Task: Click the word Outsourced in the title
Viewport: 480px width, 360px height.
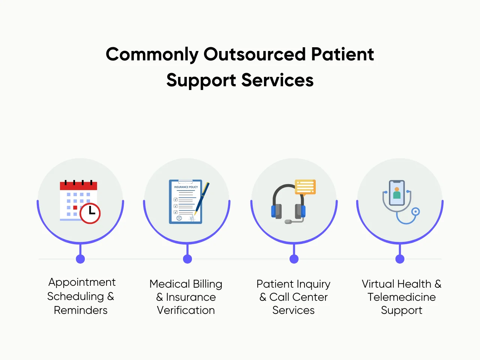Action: pos(255,54)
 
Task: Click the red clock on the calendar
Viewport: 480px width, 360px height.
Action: pos(90,213)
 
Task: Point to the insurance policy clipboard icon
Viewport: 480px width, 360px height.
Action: pos(185,202)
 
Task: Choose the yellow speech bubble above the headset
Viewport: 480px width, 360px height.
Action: pos(305,187)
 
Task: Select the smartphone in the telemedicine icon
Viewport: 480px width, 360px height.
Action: pos(397,193)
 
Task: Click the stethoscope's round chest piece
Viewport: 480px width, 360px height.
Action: pos(415,212)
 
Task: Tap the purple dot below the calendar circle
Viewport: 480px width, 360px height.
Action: pos(80,259)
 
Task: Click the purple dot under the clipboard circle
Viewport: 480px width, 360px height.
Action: pos(187,259)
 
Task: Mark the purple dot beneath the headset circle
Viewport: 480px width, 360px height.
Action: pos(294,259)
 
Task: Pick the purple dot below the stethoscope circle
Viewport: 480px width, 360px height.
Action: pos(400,259)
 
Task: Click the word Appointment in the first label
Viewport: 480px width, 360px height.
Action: pos(82,282)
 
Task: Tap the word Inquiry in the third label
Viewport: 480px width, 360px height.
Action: pos(313,284)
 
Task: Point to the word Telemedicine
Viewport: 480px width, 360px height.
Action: pos(402,297)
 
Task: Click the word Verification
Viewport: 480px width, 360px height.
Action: pos(186,310)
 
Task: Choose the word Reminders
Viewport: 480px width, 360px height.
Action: pos(81,310)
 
